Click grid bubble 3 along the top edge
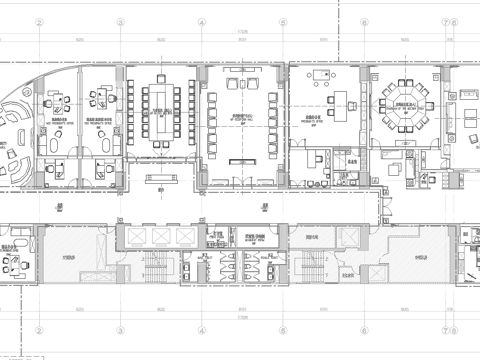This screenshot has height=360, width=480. coord(120,20)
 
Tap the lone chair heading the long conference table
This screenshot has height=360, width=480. coord(161,76)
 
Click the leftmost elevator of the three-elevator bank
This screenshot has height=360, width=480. coord(133,237)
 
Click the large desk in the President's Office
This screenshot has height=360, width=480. coord(335,102)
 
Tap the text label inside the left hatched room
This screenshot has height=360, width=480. coord(71,256)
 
